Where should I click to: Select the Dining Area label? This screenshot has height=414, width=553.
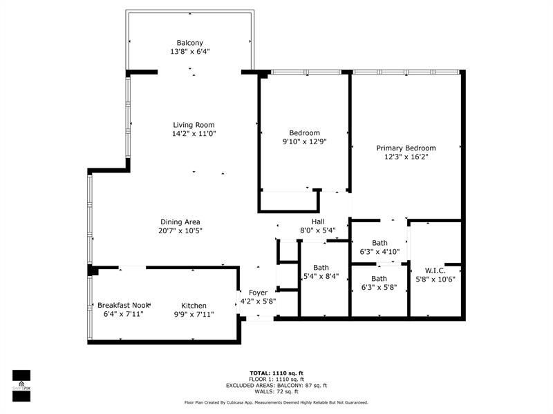[180, 222]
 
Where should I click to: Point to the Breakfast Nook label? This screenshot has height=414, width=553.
[123, 306]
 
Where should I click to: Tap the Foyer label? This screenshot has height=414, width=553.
[258, 293]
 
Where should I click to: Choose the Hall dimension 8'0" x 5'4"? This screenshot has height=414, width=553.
[318, 230]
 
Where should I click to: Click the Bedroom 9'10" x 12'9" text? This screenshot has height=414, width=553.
[304, 141]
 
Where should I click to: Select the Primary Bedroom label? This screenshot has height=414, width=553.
[406, 148]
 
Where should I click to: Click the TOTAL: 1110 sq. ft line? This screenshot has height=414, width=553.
[276, 372]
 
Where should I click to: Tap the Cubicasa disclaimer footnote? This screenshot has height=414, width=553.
[276, 402]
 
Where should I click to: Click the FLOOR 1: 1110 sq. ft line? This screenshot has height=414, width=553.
[276, 379]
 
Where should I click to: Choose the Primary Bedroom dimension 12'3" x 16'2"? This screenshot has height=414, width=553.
[406, 157]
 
